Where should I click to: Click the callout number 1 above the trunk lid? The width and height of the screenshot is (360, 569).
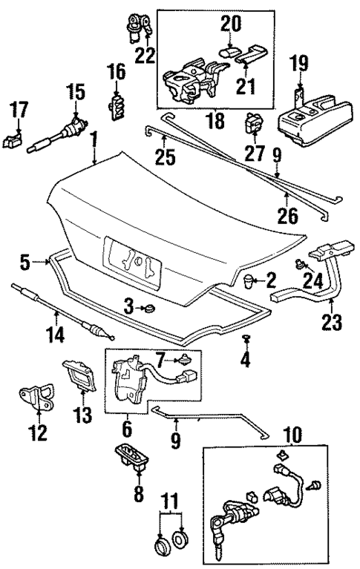(x=94, y=138)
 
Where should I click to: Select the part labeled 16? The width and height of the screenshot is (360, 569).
(x=117, y=105)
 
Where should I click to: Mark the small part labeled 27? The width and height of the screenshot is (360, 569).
(x=254, y=122)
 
